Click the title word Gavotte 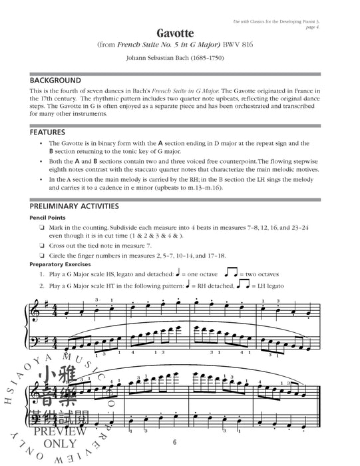click(x=180, y=33)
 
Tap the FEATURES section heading click(x=48, y=132)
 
